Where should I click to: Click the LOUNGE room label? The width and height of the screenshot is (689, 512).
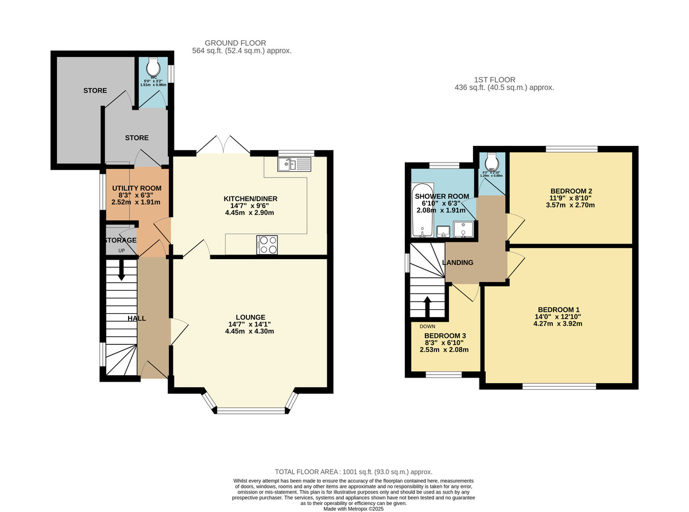250,317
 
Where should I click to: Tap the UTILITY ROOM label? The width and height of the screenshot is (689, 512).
137,188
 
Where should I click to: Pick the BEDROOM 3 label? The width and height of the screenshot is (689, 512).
445,336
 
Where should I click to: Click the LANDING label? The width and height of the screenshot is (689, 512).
458,263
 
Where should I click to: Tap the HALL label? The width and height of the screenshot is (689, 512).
137,318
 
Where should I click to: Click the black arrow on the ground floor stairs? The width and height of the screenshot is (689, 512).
121,270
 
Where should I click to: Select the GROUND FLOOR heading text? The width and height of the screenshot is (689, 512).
235,43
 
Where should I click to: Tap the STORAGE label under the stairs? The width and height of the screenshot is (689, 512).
120,240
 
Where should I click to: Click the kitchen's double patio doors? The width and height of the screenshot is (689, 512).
223,145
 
